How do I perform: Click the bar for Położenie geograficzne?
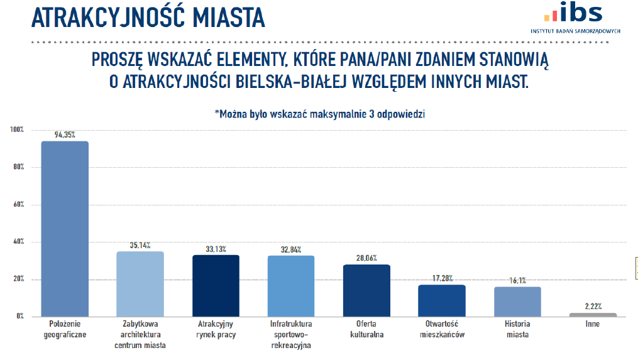pyautogui.click(x=65, y=229)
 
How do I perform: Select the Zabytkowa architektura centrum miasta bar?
pyautogui.click(x=140, y=284)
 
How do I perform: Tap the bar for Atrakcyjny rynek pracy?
pyautogui.click(x=216, y=286)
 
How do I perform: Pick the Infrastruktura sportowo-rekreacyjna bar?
pyautogui.click(x=291, y=286)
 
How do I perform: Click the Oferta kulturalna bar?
pyautogui.click(x=366, y=290)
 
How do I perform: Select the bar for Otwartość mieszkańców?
pyautogui.click(x=442, y=300)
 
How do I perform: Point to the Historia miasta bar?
pyautogui.click(x=517, y=302)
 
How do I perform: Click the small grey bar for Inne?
pyautogui.click(x=593, y=314)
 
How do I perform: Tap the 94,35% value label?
pyautogui.click(x=65, y=135)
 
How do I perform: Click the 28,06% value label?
pyautogui.click(x=366, y=258)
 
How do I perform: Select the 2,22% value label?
pyautogui.click(x=593, y=307)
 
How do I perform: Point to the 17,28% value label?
pyautogui.click(x=442, y=278)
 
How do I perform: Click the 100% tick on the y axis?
pyautogui.click(x=16, y=129)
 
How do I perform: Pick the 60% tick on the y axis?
pyautogui.click(x=18, y=204)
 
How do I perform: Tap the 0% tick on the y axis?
pyautogui.click(x=19, y=317)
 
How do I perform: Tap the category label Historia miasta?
pyautogui.click(x=517, y=329)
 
